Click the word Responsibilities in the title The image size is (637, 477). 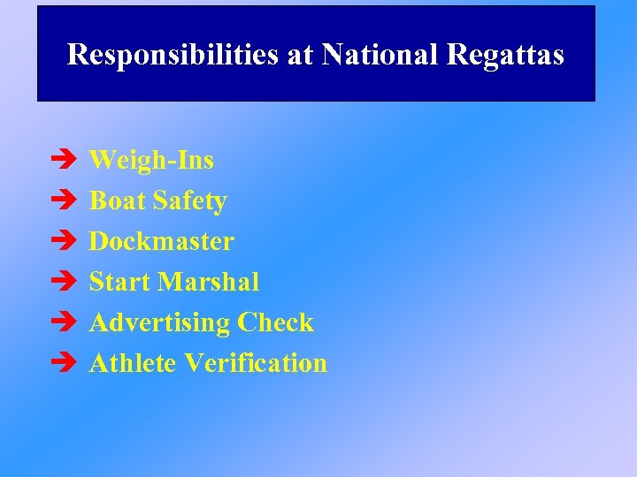point(173,55)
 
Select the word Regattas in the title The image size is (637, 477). point(505,55)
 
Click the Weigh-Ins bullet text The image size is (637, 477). point(151,160)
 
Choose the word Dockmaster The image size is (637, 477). point(162,241)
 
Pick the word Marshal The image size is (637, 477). point(209,282)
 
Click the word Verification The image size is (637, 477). point(256,363)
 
